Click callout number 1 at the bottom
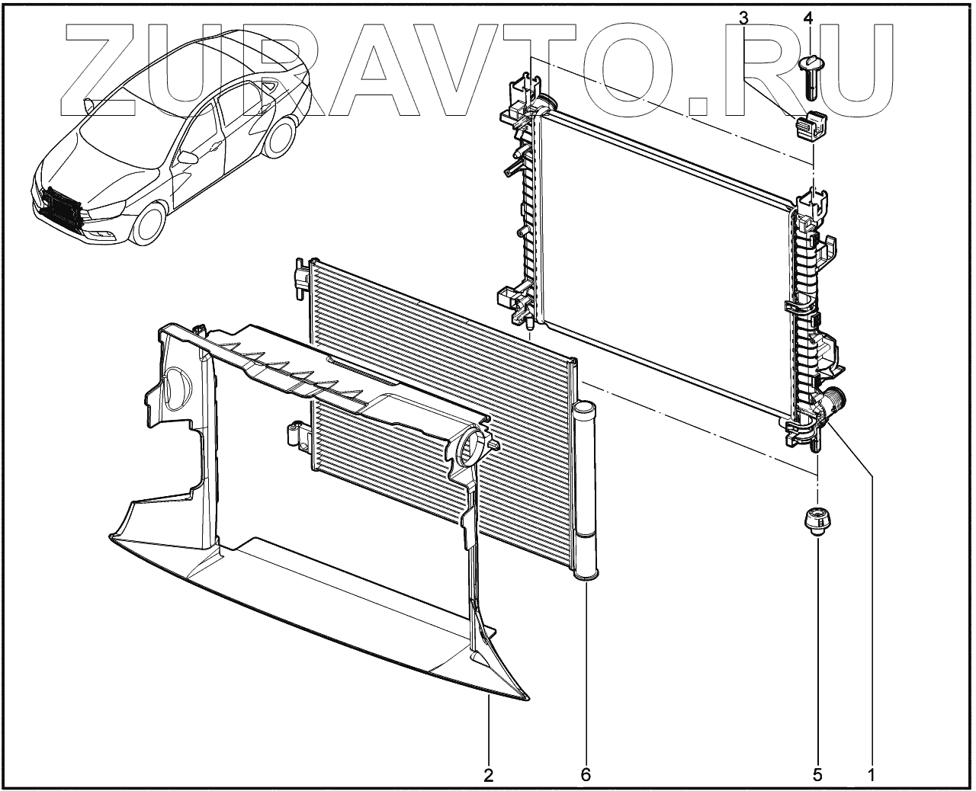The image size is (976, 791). tap(870, 775)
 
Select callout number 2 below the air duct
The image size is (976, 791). tap(488, 775)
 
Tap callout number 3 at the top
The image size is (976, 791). tap(743, 18)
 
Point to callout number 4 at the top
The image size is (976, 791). tap(808, 18)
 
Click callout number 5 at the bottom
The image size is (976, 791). tap(817, 775)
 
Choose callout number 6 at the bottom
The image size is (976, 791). tap(586, 775)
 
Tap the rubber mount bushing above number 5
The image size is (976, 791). tap(817, 523)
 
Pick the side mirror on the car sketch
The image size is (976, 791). tap(188, 158)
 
